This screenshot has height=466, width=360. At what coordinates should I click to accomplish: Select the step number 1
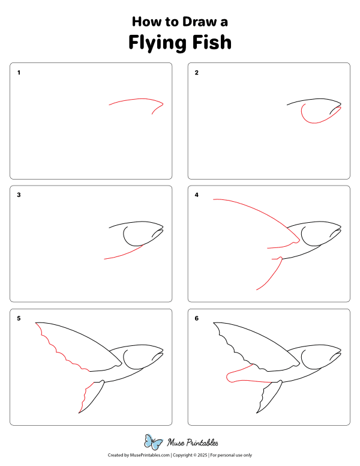click(19, 73)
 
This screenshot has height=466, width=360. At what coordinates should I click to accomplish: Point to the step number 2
click(196, 73)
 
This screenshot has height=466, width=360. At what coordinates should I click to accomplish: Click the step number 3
click(19, 195)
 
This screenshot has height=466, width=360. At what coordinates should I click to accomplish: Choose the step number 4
click(196, 195)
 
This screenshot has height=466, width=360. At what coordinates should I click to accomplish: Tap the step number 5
click(19, 318)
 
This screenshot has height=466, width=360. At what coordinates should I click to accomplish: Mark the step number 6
click(196, 318)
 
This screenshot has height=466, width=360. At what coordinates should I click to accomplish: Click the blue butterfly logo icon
click(154, 443)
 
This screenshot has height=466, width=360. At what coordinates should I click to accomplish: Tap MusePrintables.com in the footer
click(147, 456)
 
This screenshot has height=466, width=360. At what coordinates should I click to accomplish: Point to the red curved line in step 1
click(135, 100)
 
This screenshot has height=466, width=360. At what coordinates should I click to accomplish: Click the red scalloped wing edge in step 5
click(57, 348)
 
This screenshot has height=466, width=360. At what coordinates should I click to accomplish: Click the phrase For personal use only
click(231, 456)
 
